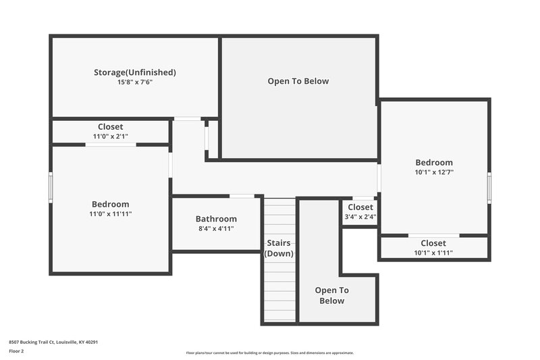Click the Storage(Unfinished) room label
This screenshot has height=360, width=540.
click(x=135, y=72)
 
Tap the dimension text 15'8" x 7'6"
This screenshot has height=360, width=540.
click(x=135, y=82)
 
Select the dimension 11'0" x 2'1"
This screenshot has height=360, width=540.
click(x=111, y=136)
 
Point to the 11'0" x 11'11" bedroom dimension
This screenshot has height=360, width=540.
click(x=111, y=214)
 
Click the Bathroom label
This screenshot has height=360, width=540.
click(x=216, y=219)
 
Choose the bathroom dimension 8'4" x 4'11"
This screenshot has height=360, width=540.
click(x=216, y=229)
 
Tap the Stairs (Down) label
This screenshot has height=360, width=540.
click(x=279, y=248)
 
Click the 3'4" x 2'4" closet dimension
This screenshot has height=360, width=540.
click(x=360, y=217)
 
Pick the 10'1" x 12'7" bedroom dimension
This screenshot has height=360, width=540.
click(x=434, y=172)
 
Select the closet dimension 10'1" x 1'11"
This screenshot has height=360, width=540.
click(x=433, y=253)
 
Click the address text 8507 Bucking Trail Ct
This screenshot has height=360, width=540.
click(x=54, y=342)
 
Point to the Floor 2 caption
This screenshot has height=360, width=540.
click(x=16, y=351)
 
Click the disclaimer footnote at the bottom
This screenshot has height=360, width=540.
click(x=270, y=353)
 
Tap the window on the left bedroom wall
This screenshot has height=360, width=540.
click(x=51, y=186)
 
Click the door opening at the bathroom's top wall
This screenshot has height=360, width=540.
click(x=242, y=197)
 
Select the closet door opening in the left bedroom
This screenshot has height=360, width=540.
click(x=111, y=145)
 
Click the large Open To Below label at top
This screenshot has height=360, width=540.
click(x=298, y=82)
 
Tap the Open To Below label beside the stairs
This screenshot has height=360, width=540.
click(x=332, y=295)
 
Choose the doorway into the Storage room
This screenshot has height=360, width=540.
click(x=188, y=120)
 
